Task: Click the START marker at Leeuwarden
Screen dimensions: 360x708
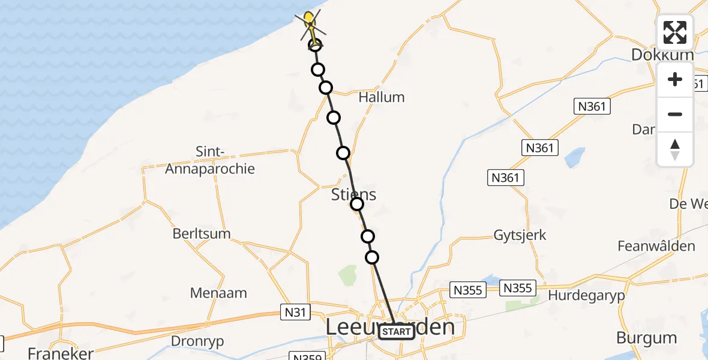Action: coord(397,332)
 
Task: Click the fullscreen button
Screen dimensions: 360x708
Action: coord(675,32)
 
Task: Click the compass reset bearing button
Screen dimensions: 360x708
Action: coord(675,149)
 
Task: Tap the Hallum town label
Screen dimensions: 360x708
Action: coord(381,97)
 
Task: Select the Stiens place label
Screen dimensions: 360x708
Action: coord(354,194)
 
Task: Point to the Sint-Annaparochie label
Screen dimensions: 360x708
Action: coord(225,160)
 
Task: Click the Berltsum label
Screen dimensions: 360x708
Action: coord(202,234)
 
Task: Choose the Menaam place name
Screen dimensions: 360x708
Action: coord(218,293)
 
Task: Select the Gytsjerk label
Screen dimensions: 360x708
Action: coord(520,235)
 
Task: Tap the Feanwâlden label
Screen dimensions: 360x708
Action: coord(656,246)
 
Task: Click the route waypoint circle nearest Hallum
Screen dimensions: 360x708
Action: coord(326,88)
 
